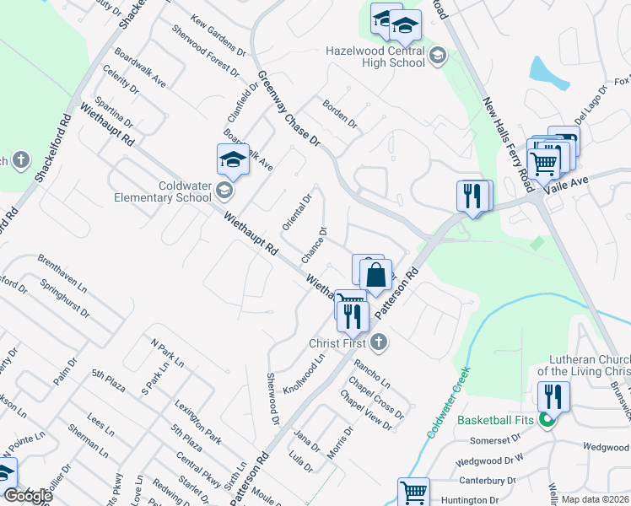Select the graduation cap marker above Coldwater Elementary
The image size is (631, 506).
pos(233,159)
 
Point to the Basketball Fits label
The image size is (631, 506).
pos(498,419)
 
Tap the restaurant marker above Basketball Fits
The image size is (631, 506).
pos(553,396)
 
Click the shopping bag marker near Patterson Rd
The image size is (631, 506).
pos(375,274)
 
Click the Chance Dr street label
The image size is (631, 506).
pos(313,243)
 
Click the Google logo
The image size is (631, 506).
pos(28,496)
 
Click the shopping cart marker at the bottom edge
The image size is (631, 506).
pos(413,493)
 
